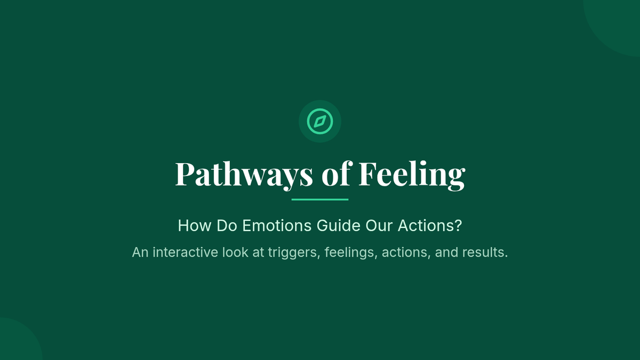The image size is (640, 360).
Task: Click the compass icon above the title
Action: click(x=320, y=122)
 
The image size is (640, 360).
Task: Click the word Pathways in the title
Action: click(x=244, y=175)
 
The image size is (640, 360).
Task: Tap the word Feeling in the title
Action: click(x=412, y=175)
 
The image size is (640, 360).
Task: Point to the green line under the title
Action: click(x=320, y=199)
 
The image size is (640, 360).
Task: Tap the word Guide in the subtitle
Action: click(x=339, y=226)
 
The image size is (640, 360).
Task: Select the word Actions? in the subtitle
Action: click(x=430, y=226)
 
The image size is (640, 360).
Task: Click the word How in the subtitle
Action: click(x=195, y=226)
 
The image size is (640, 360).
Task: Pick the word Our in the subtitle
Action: click(x=379, y=226)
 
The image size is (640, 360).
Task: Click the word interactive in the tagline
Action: click(x=186, y=252)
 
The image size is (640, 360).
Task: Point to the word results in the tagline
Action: click(x=485, y=252)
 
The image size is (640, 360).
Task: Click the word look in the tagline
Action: click(x=235, y=252)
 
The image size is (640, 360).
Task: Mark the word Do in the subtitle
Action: click(x=227, y=226)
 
